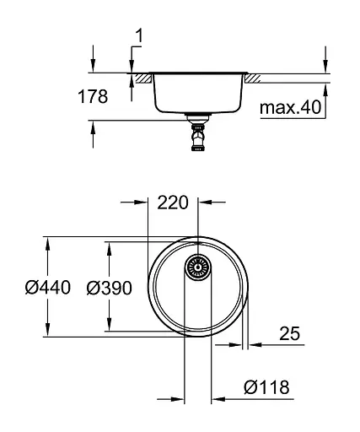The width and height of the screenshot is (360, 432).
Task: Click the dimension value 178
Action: pos(93,97)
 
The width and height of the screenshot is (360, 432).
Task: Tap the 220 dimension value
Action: pos(173,202)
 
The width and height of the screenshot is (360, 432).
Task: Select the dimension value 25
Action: pos(289,334)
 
